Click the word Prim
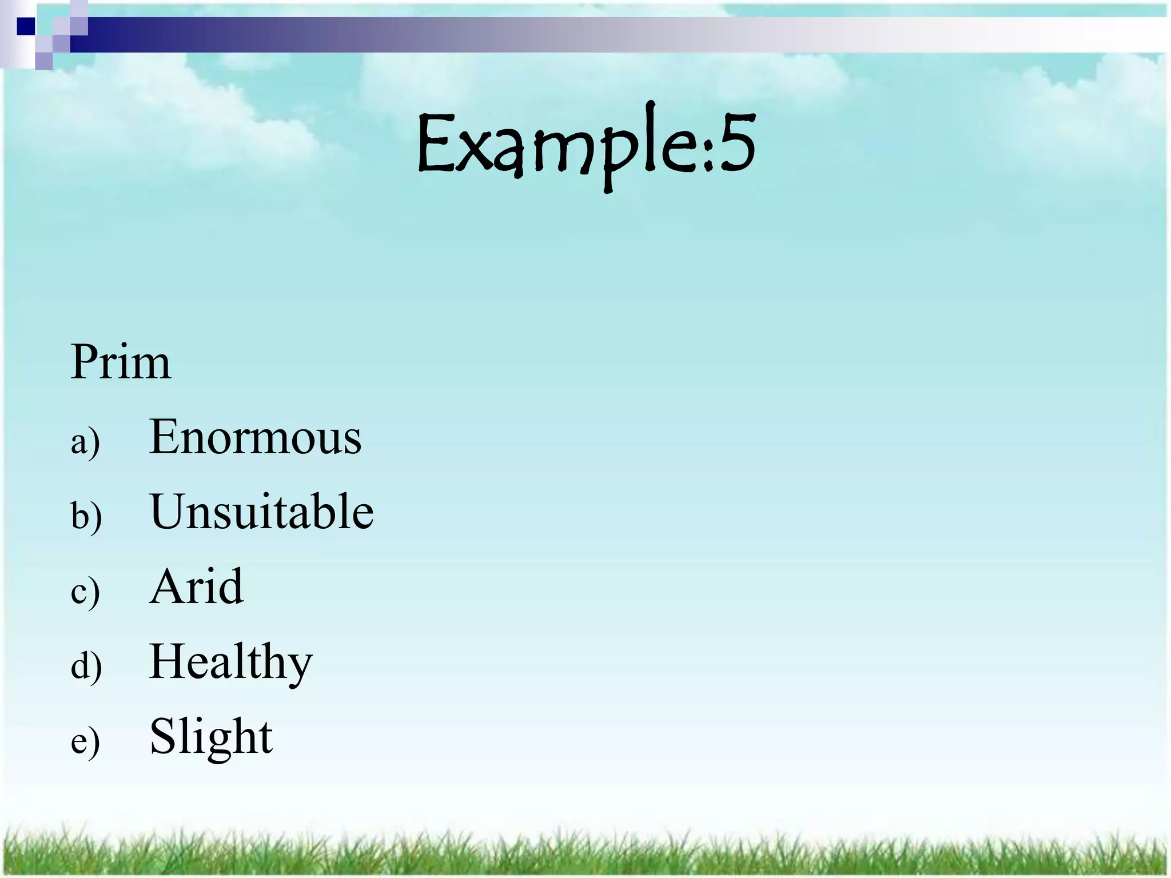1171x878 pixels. [121, 362]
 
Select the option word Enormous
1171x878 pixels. [255, 437]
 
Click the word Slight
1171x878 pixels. [211, 736]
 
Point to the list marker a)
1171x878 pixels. [85, 442]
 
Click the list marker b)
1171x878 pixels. [86, 516]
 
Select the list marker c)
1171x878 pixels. [85, 591]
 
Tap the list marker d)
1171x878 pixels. [86, 666]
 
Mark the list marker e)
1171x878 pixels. [85, 741]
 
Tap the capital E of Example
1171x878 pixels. [436, 143]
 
